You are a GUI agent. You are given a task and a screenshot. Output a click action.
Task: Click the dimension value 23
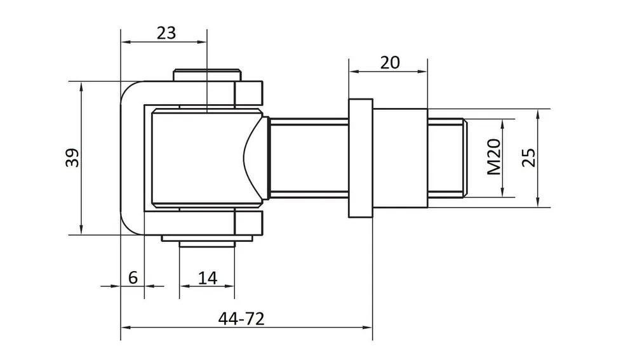coord(166,33)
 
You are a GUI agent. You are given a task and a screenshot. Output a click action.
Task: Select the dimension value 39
coord(73,157)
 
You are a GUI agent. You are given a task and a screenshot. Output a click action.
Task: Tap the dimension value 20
coord(390,62)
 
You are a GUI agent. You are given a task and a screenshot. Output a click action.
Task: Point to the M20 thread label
coord(494,157)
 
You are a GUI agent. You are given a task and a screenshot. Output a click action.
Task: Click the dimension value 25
coord(528,157)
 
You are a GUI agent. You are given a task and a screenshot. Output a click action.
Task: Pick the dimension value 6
coord(133,277)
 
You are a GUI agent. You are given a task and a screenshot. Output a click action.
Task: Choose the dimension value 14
coord(208,278)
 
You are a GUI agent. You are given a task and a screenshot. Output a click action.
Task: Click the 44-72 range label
coord(241,319)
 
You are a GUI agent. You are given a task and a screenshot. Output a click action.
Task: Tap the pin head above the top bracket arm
coord(208,76)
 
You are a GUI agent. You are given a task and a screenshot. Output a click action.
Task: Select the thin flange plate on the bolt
coord(361,158)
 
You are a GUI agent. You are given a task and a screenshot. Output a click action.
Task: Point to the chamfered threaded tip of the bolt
coord(465,158)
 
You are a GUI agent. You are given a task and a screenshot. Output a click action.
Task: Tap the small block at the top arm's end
coord(249,93)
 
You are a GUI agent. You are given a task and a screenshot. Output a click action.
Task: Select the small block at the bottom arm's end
coord(249,223)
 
